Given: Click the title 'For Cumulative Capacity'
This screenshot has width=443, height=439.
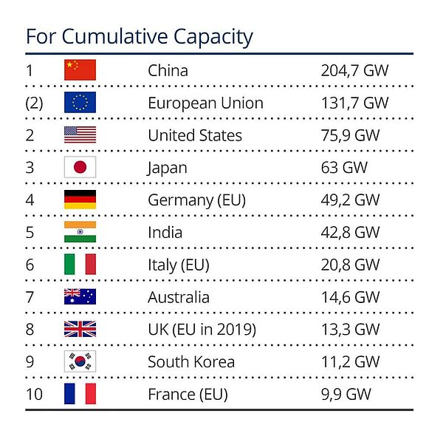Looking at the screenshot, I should tap(140, 36).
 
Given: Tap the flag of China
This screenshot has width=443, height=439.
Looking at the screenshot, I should tap(80, 70).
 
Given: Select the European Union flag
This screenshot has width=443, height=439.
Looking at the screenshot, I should tap(80, 103).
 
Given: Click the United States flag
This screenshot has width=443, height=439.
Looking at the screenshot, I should tap(80, 135).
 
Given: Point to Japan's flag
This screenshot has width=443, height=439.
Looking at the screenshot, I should tap(80, 168).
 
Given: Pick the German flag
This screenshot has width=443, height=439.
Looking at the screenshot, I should tap(80, 200).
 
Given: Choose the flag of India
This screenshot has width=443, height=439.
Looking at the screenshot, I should tap(80, 232).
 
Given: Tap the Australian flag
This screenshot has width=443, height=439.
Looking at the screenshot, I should tap(80, 297).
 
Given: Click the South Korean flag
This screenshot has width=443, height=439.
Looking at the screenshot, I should tap(80, 361).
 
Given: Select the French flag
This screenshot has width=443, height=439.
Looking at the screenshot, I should tap(80, 394).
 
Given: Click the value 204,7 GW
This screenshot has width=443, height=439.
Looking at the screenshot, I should tap(354, 70).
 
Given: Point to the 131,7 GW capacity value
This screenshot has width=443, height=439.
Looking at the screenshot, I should tap(354, 103).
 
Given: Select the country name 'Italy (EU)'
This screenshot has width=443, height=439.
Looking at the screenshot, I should tap(179, 265).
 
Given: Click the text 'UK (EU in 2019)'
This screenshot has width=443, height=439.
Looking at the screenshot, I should tap(202, 330).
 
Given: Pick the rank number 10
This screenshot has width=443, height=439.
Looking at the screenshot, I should tap(34, 394).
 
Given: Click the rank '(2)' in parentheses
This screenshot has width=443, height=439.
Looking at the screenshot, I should tap(34, 103).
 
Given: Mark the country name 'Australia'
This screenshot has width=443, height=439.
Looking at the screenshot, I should tap(178, 297).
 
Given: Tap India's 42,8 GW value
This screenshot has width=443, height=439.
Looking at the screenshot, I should tap(350, 232).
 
